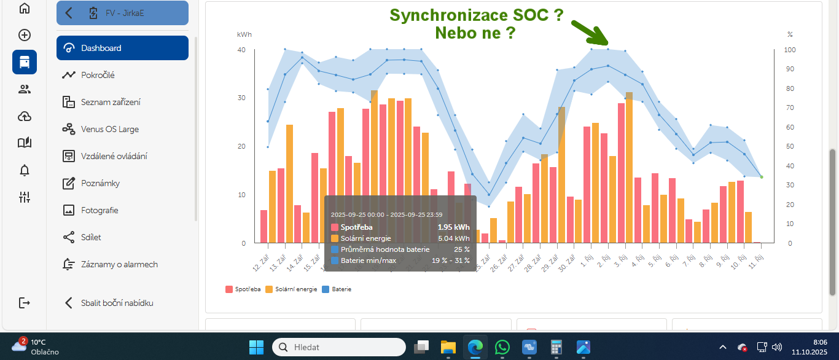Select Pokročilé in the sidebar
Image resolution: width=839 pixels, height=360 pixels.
pyautogui.click(x=98, y=75)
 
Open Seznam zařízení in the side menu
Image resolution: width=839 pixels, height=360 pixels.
pyautogui.click(x=111, y=102)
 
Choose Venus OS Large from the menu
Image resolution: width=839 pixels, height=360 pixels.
pyautogui.click(x=110, y=129)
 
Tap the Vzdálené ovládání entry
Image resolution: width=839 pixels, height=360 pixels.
pyautogui.click(x=114, y=156)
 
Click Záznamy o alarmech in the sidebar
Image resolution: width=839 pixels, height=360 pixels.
pyautogui.click(x=119, y=264)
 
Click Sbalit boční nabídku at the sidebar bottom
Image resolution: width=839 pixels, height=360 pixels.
pyautogui.click(x=117, y=303)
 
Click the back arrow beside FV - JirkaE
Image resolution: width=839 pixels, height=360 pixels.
pyautogui.click(x=69, y=13)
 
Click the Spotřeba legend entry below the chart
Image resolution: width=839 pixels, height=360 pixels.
pyautogui.click(x=243, y=289)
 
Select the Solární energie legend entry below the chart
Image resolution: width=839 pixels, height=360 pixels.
pyautogui.click(x=293, y=289)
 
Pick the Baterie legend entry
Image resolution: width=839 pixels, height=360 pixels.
pyautogui.click(x=338, y=289)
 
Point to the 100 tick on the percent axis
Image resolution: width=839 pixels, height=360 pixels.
pyautogui.click(x=791, y=50)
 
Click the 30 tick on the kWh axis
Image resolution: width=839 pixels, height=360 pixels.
pyautogui.click(x=242, y=98)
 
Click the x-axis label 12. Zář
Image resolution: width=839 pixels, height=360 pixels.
pyautogui.click(x=261, y=265)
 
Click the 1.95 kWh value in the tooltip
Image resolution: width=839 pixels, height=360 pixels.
pyautogui.click(x=453, y=227)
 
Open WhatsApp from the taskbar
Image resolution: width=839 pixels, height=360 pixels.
pyautogui.click(x=502, y=347)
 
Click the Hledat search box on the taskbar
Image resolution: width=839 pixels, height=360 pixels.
pyautogui.click(x=339, y=347)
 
